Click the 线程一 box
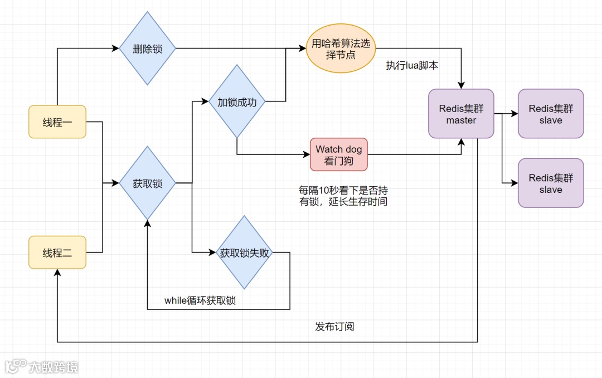pos(57,122)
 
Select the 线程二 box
pos(57,253)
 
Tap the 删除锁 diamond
pos(147,49)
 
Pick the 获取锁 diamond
pos(147,183)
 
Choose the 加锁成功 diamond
pos(237,102)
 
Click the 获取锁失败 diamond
pos(244,253)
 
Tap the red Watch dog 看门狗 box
pos(339,154)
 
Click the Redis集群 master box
pos(461,114)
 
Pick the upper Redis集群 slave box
pos(551,114)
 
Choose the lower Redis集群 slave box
pos(551,183)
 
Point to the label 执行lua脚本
pos(412,65)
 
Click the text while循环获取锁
pos(200,301)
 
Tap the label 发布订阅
pos(334,326)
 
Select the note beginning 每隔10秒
pos(343,196)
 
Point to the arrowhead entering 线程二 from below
pos(57,272)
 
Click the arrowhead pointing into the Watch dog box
pos(307,154)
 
